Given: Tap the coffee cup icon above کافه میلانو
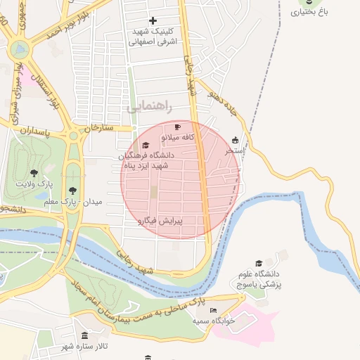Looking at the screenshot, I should click(x=177, y=127).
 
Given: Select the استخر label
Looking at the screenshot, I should click(x=234, y=150).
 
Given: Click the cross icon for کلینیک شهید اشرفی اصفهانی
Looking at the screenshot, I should click(x=153, y=20).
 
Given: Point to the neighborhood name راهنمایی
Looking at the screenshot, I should click(x=143, y=108).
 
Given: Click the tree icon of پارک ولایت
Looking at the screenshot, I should click(x=34, y=173).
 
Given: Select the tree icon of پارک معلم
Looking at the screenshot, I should click(x=73, y=191).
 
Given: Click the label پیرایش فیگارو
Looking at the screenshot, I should click(x=162, y=221).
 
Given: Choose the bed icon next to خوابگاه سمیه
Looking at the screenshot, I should click(x=214, y=310).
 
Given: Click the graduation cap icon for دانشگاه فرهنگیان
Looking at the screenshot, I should click(x=146, y=145).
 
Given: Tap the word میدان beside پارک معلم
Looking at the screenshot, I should click(x=94, y=202).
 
